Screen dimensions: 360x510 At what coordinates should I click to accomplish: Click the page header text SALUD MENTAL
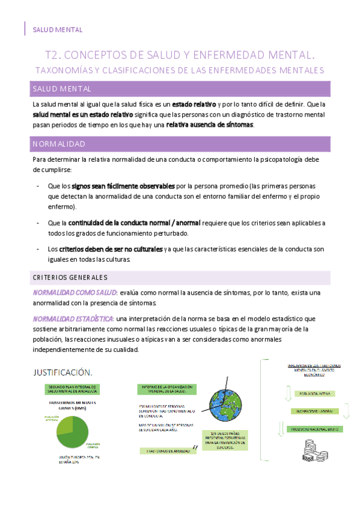click(x=57, y=29)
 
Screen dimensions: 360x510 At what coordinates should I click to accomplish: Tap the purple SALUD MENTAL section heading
click(x=61, y=89)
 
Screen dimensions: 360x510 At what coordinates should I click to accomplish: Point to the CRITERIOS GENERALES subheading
click(x=70, y=277)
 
